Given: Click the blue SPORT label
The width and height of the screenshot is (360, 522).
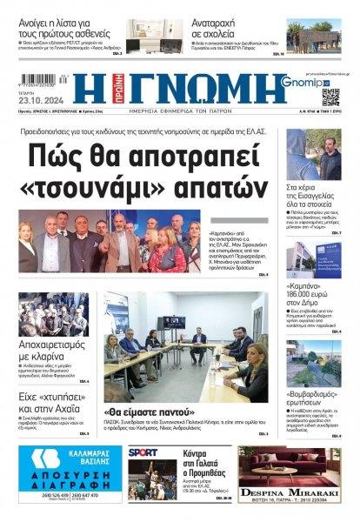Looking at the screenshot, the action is (x=143, y=452).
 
